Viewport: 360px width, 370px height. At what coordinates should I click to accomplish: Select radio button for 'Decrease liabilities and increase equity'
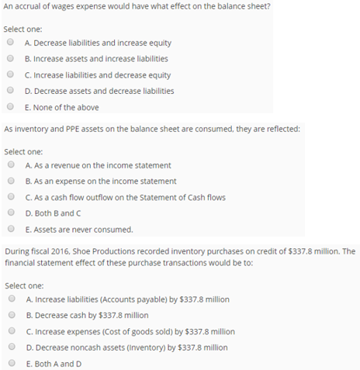pyautogui.click(x=10, y=43)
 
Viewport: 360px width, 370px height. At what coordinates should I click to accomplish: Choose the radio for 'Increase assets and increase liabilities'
pyautogui.click(x=10, y=59)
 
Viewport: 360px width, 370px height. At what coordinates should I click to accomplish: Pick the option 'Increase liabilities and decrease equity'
pyautogui.click(x=10, y=75)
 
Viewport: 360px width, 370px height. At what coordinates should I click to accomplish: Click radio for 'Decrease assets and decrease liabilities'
pyautogui.click(x=10, y=91)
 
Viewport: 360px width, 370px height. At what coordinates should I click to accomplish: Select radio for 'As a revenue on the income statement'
pyautogui.click(x=10, y=165)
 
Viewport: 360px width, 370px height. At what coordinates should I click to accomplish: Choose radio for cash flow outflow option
pyautogui.click(x=10, y=197)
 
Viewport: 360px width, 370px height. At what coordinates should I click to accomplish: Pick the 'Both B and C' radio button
pyautogui.click(x=10, y=213)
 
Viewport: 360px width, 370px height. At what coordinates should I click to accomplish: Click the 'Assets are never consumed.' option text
pyautogui.click(x=78, y=230)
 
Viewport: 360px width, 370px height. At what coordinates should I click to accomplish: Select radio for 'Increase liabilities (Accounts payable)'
pyautogui.click(x=10, y=299)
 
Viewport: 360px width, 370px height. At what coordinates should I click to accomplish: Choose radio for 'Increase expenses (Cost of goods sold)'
pyautogui.click(x=10, y=331)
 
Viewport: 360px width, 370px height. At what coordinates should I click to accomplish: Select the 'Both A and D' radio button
pyautogui.click(x=10, y=363)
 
